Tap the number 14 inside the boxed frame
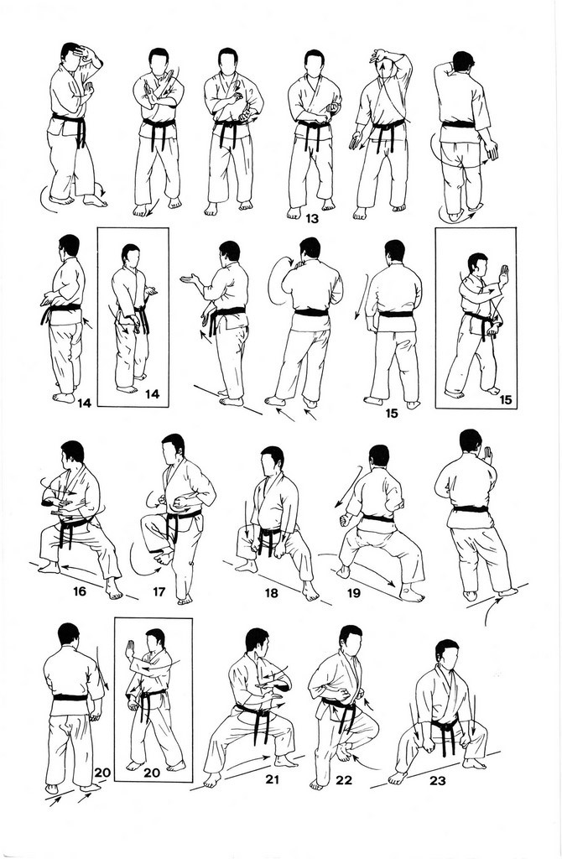[153, 393]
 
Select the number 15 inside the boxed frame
[505, 399]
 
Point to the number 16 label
[80, 591]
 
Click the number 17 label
[159, 592]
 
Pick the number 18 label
[271, 593]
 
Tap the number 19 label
[353, 593]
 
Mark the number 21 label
[272, 779]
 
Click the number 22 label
[344, 780]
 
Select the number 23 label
[438, 781]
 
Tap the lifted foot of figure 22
[343, 752]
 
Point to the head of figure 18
[272, 461]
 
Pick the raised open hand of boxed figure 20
[130, 651]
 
